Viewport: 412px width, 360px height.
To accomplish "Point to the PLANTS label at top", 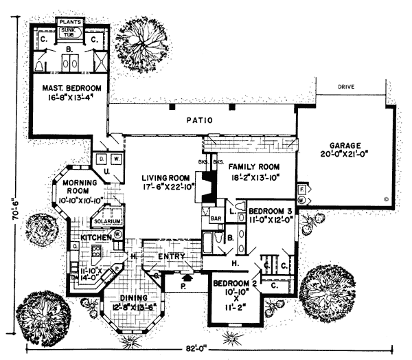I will pos(70,22).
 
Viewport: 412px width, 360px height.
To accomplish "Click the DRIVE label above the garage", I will pos(345,88).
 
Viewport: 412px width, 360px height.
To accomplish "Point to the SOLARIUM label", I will pos(108,222).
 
